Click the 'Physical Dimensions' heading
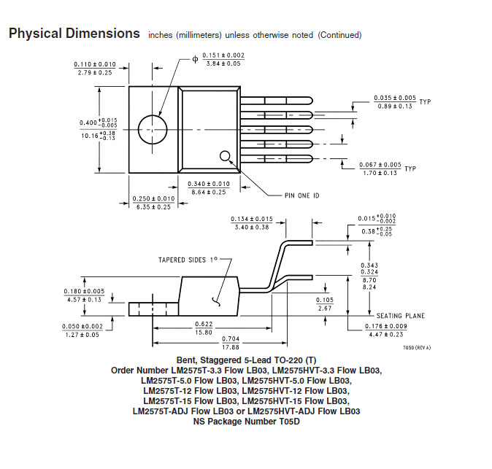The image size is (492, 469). pos(74,34)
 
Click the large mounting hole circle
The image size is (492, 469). pos(153,129)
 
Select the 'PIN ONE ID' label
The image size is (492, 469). pos(302,195)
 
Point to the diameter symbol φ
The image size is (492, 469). pos(195,59)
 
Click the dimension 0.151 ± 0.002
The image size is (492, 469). pos(223,55)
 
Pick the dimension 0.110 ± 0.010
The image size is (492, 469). pos(95,64)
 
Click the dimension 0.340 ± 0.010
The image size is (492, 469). pos(208,184)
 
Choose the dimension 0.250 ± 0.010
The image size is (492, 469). pos(153,198)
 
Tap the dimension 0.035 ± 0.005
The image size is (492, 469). pos(395,98)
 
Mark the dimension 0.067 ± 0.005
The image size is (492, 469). pos(380,165)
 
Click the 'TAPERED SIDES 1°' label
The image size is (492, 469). pos(188,260)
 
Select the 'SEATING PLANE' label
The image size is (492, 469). pos(400,316)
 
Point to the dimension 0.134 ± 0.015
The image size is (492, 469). pos(251,219)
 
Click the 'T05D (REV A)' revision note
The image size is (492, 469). pos(417,348)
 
